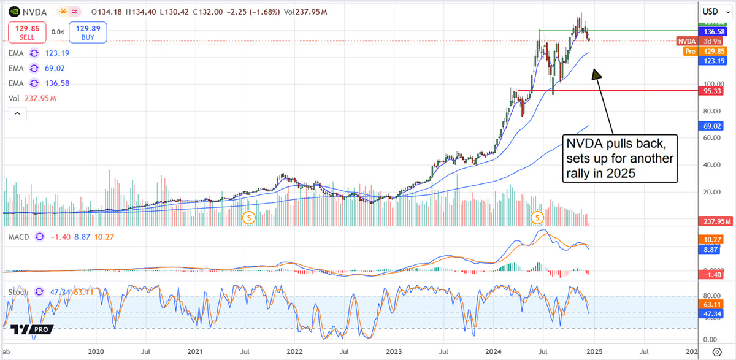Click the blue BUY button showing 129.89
coord(88,33)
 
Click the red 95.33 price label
coord(715,90)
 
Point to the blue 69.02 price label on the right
coord(715,126)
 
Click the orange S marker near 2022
coord(249,217)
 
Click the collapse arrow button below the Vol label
coord(17,113)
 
